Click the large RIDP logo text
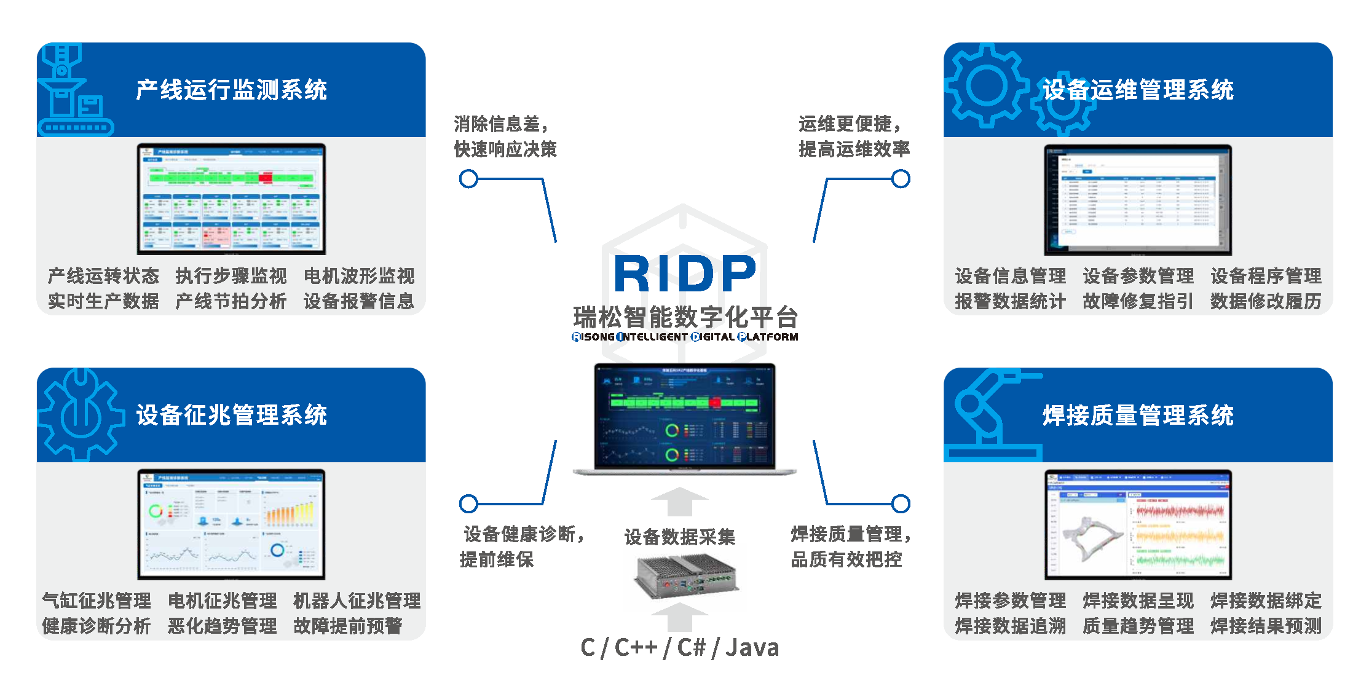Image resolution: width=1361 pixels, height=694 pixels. tap(685, 274)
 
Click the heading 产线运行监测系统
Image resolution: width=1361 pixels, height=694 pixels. tap(231, 90)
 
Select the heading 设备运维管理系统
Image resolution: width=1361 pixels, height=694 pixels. tap(1138, 90)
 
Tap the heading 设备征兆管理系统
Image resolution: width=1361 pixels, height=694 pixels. tap(231, 415)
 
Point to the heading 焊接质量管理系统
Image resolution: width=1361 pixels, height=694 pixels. tap(1138, 415)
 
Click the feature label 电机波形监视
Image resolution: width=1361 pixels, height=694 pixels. tap(359, 276)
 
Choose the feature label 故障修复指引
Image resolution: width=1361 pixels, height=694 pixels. tap(1138, 301)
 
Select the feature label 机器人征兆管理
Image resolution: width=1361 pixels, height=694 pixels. tap(357, 601)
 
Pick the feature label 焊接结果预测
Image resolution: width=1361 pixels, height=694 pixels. tap(1266, 626)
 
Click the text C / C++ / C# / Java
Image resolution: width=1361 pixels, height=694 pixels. tap(679, 647)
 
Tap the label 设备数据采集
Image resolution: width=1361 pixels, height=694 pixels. tap(679, 537)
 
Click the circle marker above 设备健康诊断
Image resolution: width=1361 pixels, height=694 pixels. tap(468, 504)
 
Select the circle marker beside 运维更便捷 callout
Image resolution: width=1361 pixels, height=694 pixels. tap(901, 179)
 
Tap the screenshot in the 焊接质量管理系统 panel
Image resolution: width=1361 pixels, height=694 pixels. tap(1138, 524)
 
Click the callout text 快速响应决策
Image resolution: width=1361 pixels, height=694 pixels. tap(505, 149)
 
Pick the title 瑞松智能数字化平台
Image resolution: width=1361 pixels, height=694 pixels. tap(685, 317)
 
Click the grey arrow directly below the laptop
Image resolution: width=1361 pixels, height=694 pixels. tap(679, 502)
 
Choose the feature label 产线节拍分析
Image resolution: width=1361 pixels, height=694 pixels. tap(231, 301)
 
